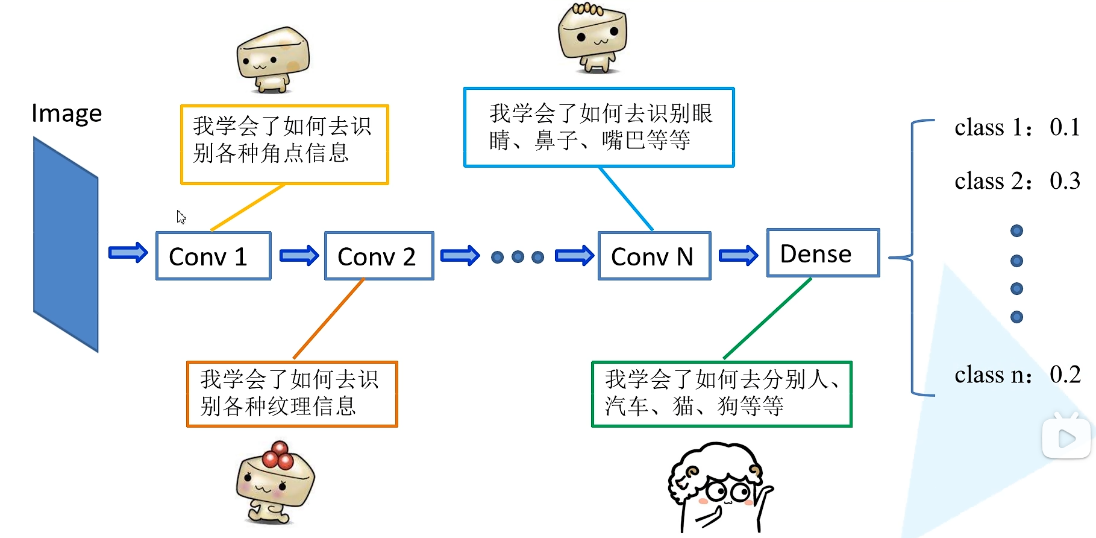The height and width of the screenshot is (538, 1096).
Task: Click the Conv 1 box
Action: click(x=213, y=256)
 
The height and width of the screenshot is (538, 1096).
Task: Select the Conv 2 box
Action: click(x=379, y=256)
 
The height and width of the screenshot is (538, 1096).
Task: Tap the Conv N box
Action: click(x=654, y=256)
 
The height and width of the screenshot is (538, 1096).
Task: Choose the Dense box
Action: click(x=822, y=253)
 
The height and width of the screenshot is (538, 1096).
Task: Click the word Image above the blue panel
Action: click(x=66, y=113)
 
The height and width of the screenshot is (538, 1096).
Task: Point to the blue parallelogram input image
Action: click(x=66, y=244)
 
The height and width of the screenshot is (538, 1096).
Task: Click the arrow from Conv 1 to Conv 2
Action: click(x=299, y=256)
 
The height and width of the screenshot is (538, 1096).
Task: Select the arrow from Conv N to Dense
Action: click(x=738, y=256)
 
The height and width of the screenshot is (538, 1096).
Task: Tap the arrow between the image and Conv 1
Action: click(x=128, y=253)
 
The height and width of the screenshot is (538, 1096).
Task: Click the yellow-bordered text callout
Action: click(x=284, y=144)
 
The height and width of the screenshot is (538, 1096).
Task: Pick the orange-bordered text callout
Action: click(x=292, y=394)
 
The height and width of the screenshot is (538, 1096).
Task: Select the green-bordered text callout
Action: click(x=721, y=394)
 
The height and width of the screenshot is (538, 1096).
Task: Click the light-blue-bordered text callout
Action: click(x=599, y=127)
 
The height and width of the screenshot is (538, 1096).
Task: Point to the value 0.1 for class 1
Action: click(x=1065, y=127)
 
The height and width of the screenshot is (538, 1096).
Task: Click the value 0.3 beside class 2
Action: click(x=1065, y=181)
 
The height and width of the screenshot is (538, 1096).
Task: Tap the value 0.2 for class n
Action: click(x=1065, y=375)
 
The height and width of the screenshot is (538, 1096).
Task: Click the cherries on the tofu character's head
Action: click(x=278, y=455)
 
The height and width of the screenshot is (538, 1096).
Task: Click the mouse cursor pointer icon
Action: click(x=181, y=217)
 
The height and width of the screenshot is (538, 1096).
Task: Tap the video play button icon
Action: click(x=1066, y=437)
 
